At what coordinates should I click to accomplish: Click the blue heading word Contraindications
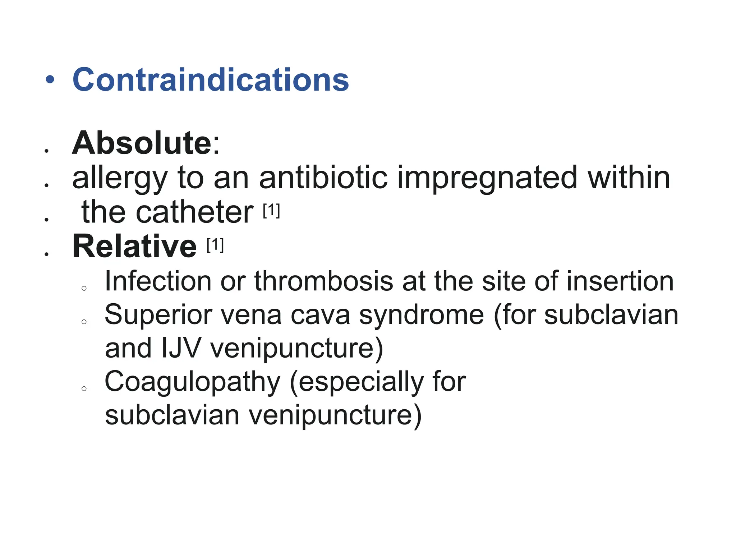(211, 79)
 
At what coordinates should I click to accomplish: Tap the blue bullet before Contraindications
(50, 80)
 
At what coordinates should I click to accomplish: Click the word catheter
(194, 212)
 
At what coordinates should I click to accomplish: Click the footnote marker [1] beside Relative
(215, 245)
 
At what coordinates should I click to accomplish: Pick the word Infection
(158, 281)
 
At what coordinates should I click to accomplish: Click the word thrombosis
(324, 281)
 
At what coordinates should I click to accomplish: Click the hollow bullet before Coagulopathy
(84, 388)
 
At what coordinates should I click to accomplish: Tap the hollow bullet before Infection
(84, 288)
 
